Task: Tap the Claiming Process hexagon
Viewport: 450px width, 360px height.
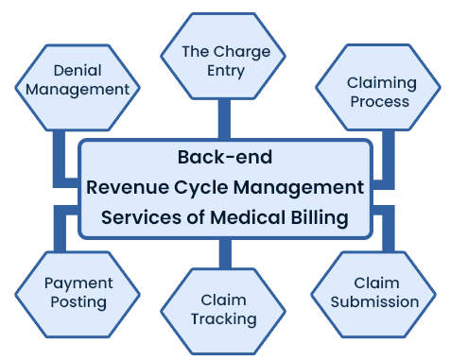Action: click(378, 92)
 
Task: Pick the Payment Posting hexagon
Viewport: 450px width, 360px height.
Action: click(78, 292)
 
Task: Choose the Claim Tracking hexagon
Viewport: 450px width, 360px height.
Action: click(223, 309)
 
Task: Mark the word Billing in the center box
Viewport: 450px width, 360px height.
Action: click(319, 217)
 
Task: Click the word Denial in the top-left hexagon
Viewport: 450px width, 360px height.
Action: click(78, 71)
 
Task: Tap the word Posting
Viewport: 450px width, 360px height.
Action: click(78, 302)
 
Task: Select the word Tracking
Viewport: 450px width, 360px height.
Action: click(223, 318)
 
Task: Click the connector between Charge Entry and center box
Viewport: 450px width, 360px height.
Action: click(224, 119)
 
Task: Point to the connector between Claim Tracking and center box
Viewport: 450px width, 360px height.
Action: click(224, 253)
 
